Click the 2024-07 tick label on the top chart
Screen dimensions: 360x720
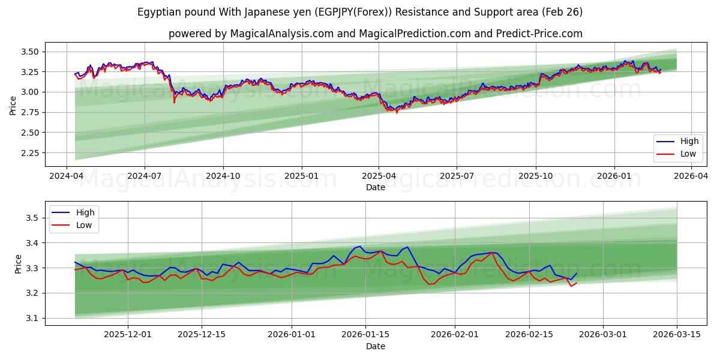145,176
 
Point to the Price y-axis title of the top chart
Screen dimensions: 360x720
13,105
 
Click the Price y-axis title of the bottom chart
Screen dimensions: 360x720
17,264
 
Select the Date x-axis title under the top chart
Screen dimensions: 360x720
376,187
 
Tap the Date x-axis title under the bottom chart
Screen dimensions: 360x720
376,346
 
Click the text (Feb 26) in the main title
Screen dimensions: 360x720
561,12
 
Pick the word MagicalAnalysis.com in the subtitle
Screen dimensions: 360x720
281,34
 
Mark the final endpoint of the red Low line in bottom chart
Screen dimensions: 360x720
577,283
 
